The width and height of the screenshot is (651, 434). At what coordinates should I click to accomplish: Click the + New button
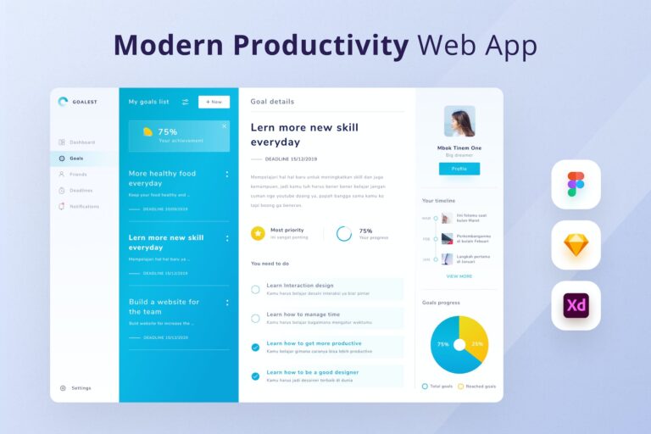(214, 102)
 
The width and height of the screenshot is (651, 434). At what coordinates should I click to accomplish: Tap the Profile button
(459, 169)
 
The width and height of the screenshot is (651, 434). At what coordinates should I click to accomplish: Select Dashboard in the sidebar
(81, 142)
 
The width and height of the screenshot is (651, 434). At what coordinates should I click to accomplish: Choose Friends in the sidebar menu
(77, 175)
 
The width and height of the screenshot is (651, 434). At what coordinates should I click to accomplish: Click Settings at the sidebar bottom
(81, 388)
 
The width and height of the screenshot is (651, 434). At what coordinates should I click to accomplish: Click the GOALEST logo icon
(63, 102)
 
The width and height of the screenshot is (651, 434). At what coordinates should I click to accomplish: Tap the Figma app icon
(576, 184)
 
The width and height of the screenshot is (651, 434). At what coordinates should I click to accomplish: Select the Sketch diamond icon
(576, 246)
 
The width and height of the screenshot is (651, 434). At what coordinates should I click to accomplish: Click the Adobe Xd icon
(576, 305)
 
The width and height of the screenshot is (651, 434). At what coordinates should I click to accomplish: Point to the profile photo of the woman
(459, 121)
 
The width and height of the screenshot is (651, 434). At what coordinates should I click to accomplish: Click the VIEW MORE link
(459, 276)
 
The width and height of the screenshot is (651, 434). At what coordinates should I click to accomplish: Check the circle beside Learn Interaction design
(255, 289)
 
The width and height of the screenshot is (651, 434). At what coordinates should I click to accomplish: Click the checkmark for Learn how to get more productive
(255, 347)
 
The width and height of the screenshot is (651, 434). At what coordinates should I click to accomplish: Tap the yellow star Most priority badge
(258, 233)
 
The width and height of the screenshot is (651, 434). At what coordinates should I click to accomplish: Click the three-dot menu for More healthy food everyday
(226, 175)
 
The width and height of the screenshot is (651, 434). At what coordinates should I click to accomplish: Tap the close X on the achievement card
(224, 125)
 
